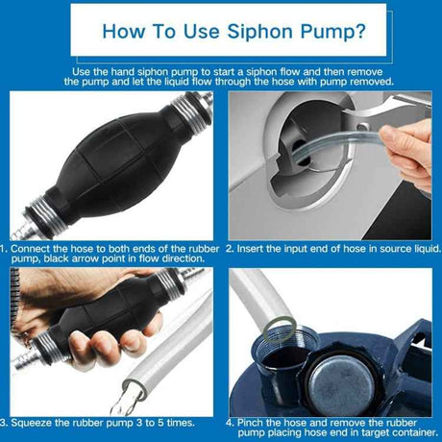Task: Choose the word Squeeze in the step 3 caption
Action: (43, 422)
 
